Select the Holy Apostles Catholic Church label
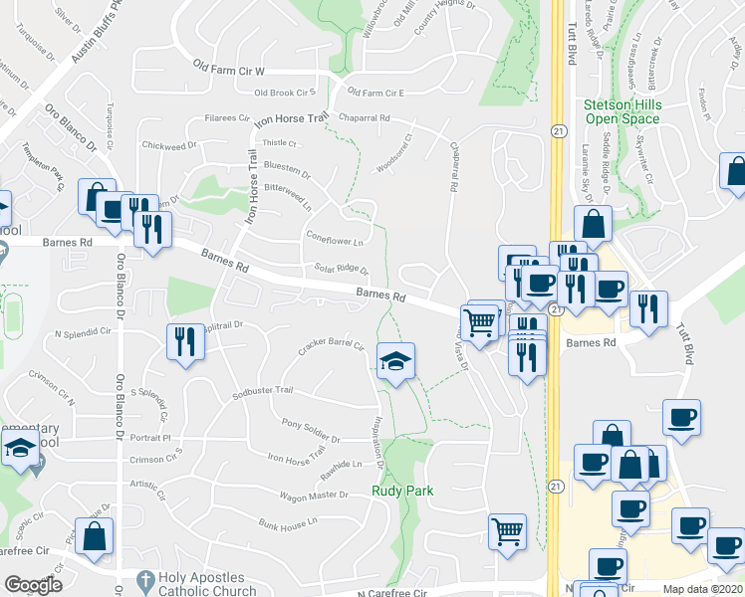[207, 584]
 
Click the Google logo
[33, 585]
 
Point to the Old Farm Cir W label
[229, 72]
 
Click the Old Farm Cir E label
[374, 94]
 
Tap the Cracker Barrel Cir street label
[331, 346]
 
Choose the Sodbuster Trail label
[262, 394]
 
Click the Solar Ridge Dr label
[342, 270]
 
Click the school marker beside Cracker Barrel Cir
[395, 361]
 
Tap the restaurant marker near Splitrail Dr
[185, 342]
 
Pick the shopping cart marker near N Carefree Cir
[507, 532]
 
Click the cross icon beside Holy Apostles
[145, 580]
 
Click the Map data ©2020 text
[702, 589]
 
